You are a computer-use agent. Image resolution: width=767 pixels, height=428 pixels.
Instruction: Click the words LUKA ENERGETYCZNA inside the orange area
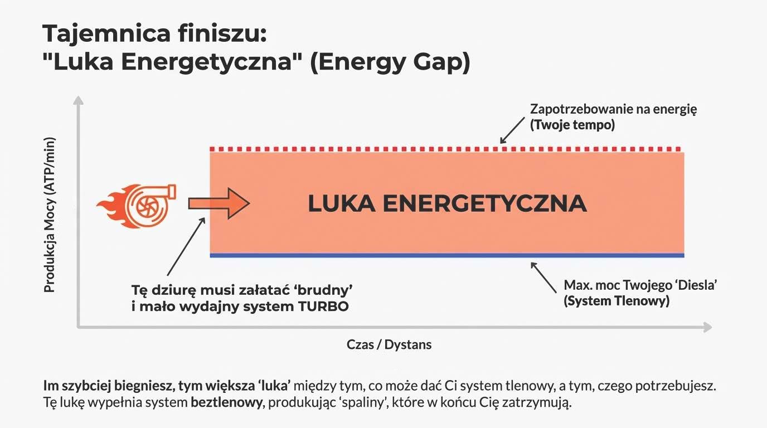click(x=447, y=204)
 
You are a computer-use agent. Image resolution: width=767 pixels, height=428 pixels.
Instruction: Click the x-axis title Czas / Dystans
click(x=389, y=344)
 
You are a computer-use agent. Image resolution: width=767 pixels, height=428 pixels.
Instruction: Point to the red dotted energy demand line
click(x=446, y=149)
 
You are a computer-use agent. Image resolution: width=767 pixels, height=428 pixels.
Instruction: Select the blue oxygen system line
click(x=446, y=255)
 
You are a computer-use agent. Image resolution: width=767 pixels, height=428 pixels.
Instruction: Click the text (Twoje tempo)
click(x=572, y=125)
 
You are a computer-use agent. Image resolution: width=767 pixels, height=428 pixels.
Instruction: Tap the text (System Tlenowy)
click(x=616, y=301)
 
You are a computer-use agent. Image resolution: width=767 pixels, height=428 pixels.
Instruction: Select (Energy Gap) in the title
click(x=390, y=62)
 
